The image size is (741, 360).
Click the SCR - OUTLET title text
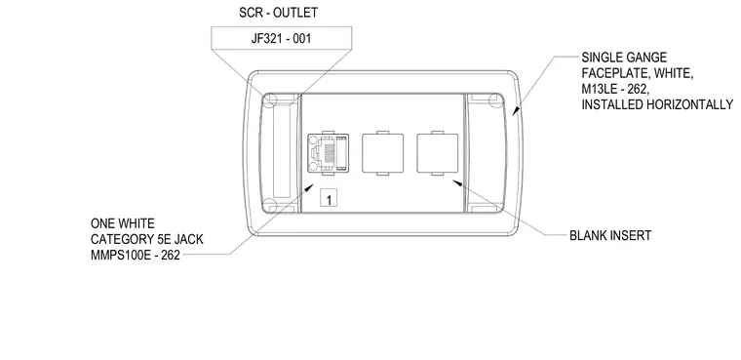(278, 13)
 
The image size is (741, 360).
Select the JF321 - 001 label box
(281, 38)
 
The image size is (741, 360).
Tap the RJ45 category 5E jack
(328, 153)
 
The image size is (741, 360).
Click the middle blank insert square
(383, 153)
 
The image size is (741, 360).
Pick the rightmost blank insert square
(437, 153)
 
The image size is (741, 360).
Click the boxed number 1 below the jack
(329, 198)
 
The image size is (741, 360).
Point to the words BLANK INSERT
(610, 235)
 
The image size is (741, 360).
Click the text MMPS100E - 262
(136, 256)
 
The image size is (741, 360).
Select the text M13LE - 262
(615, 90)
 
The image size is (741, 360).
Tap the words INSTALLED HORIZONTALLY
(657, 105)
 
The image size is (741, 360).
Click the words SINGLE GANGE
(624, 58)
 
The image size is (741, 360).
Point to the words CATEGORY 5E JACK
(147, 239)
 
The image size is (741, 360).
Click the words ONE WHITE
(123, 223)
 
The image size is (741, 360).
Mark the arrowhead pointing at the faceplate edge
(516, 111)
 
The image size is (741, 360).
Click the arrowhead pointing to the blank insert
(456, 182)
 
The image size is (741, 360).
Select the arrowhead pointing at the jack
(309, 188)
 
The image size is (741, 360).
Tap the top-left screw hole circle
(269, 100)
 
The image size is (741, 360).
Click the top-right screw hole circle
(495, 100)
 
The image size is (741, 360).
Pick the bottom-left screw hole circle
(269, 206)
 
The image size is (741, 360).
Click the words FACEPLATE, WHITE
(638, 74)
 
